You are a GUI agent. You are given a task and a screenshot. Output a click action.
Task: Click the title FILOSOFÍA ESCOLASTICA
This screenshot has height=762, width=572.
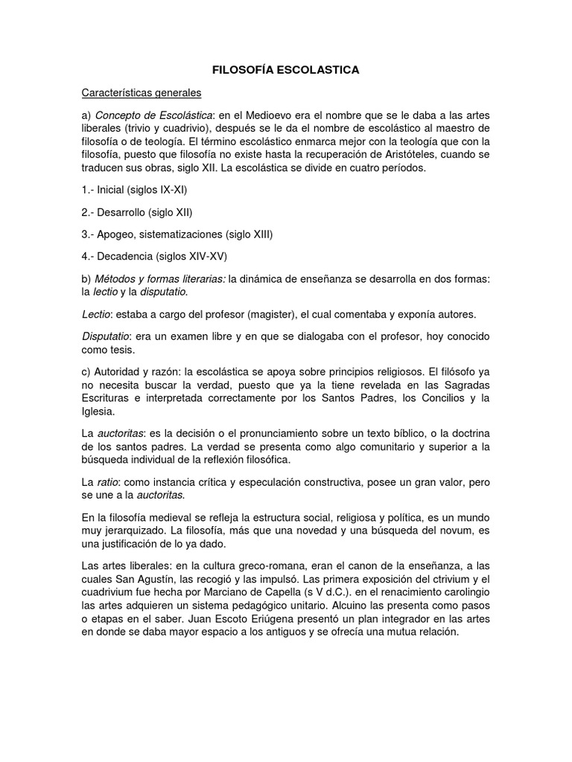point(286,70)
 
